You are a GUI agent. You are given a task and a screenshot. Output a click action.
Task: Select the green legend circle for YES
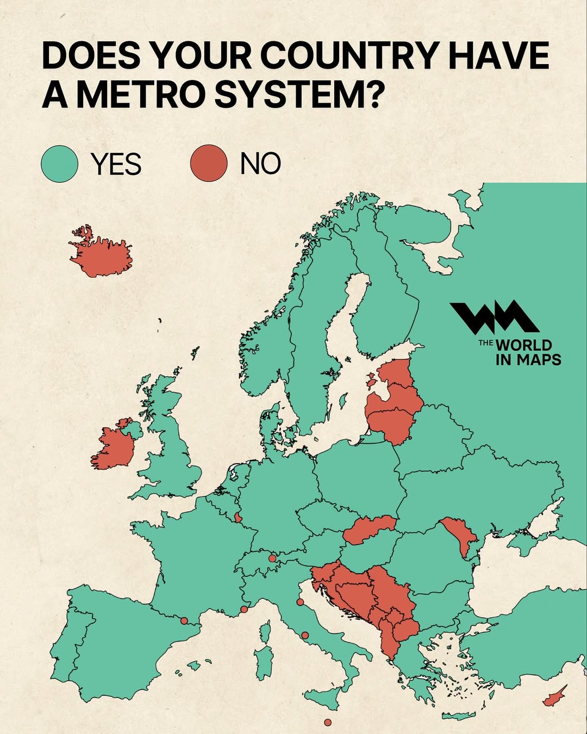pyautogui.click(x=60, y=164)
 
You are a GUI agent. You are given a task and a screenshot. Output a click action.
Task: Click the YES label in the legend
pyautogui.click(x=116, y=164)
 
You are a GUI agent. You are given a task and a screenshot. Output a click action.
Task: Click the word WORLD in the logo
pyautogui.click(x=524, y=345)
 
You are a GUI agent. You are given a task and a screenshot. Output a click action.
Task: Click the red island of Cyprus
pyautogui.click(x=554, y=697)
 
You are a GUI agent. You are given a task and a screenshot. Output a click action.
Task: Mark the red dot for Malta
pyautogui.click(x=328, y=723)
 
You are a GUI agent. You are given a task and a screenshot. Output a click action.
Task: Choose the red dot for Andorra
pyautogui.click(x=184, y=620)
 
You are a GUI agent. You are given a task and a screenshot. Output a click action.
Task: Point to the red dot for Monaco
pyautogui.click(x=244, y=609)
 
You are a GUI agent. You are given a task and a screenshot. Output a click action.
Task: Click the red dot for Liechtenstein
pyautogui.click(x=272, y=558)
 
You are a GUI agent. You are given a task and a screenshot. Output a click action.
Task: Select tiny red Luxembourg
pyautogui.click(x=238, y=517)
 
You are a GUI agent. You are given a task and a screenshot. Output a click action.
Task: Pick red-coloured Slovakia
pyautogui.click(x=367, y=529)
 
